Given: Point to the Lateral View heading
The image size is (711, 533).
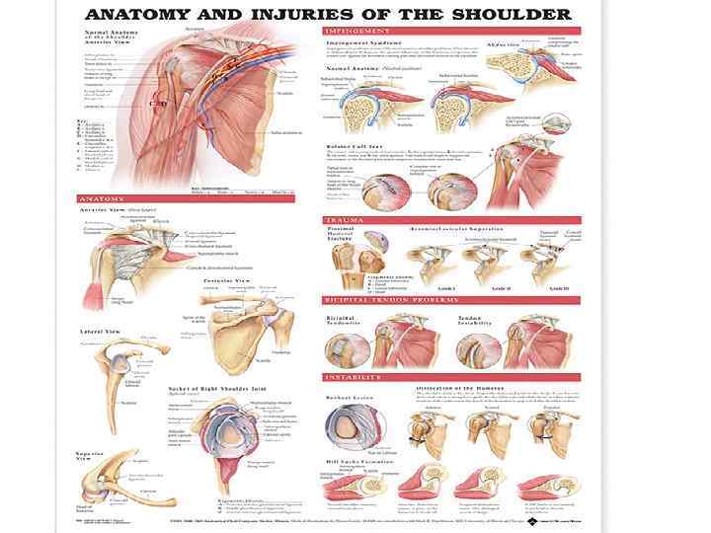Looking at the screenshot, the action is tap(97, 333).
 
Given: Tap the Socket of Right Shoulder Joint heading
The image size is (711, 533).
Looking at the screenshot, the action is tap(209, 388).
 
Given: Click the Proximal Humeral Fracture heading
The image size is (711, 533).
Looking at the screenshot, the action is tap(341, 234).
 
